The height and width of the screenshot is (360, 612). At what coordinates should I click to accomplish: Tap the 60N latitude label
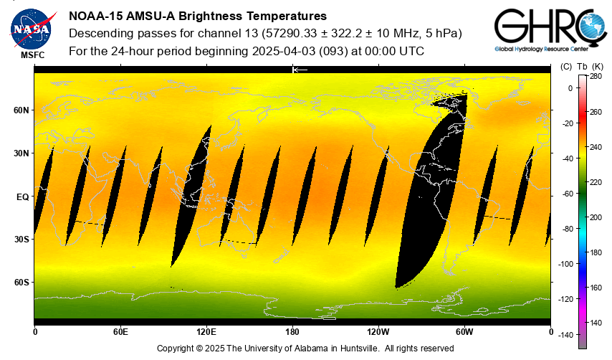point(21,110)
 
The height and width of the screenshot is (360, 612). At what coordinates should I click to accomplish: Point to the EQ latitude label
point(22,196)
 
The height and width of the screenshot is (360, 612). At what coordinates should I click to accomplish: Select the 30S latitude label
point(21,239)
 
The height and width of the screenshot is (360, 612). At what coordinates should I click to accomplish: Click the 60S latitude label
point(21,282)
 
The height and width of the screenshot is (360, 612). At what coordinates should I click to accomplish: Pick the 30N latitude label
point(21,153)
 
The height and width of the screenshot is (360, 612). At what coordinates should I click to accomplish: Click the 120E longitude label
point(206,332)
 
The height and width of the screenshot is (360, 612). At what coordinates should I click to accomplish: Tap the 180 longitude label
point(292,332)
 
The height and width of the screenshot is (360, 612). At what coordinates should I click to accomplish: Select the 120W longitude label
point(378,332)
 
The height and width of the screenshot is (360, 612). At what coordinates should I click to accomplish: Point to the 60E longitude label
point(120,332)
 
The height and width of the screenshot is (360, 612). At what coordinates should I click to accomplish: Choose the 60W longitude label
point(464,332)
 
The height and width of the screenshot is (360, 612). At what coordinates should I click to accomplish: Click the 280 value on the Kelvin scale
point(596,76)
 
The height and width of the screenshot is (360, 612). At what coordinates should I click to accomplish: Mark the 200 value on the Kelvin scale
point(596,217)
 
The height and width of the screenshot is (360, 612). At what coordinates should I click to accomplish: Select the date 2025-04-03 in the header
point(286,51)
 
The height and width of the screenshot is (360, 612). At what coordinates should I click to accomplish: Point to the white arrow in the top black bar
point(300,70)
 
